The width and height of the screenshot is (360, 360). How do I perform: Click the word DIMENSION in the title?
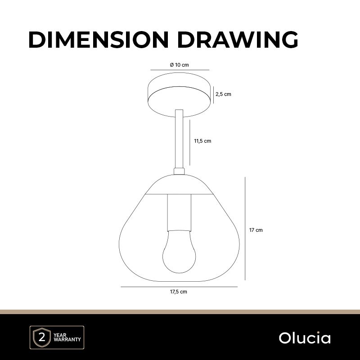[99, 40]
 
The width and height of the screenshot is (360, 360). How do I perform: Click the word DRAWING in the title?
[238, 40]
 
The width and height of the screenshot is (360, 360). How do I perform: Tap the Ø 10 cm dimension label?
[179, 65]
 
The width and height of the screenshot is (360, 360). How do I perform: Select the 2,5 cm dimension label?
[223, 94]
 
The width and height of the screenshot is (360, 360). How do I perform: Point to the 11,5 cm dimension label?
[202, 141]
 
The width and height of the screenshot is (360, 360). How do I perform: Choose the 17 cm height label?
[256, 230]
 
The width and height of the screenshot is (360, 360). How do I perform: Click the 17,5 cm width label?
[178, 292]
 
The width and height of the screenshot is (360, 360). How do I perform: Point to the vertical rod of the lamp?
[179, 139]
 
